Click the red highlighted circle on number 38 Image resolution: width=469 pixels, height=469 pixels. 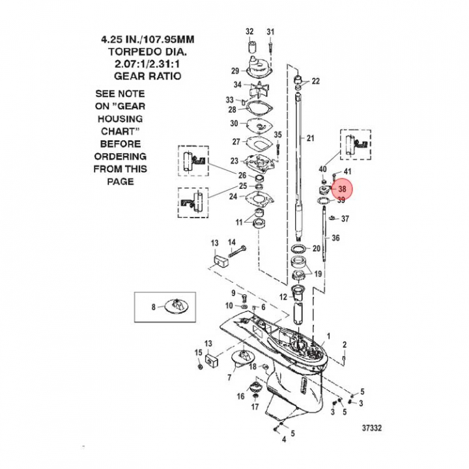342,190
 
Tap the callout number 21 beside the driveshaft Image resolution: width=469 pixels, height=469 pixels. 311,138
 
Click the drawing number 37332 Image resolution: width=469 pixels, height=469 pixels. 372,428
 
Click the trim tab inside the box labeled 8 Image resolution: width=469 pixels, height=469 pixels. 177,306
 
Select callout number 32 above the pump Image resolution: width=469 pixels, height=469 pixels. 249,31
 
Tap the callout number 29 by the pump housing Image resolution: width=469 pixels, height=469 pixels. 235,71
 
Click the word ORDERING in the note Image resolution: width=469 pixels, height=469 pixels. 121,156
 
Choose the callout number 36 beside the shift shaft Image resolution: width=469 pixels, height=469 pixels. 335,238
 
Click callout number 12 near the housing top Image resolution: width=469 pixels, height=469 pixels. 283,297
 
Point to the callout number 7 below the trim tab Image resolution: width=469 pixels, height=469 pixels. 229,377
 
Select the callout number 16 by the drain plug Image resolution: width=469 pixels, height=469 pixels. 240,396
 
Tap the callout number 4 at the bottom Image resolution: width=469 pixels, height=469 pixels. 284,439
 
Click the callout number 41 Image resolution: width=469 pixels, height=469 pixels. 347,171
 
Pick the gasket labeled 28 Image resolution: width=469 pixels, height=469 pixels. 257,109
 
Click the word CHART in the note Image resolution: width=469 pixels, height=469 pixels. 121,132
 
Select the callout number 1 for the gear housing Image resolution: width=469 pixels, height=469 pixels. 328,336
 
